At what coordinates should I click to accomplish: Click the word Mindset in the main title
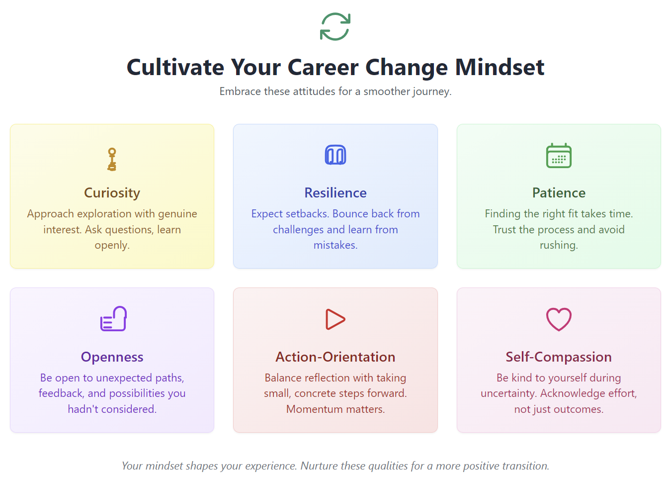(x=500, y=67)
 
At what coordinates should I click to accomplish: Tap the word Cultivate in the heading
(x=175, y=67)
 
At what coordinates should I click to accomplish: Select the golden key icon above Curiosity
(x=112, y=159)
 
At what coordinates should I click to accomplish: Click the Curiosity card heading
(x=112, y=193)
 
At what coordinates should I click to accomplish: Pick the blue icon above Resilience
(x=335, y=155)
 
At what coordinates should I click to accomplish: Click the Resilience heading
(x=335, y=193)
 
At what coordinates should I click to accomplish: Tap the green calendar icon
(x=559, y=156)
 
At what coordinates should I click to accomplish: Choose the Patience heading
(x=559, y=193)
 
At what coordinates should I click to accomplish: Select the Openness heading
(x=112, y=357)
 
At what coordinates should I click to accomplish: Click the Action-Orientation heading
(x=335, y=357)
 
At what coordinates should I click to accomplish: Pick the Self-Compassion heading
(x=559, y=357)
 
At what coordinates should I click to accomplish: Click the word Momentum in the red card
(x=313, y=409)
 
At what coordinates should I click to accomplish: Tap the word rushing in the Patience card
(x=559, y=245)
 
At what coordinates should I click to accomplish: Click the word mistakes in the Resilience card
(x=335, y=245)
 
